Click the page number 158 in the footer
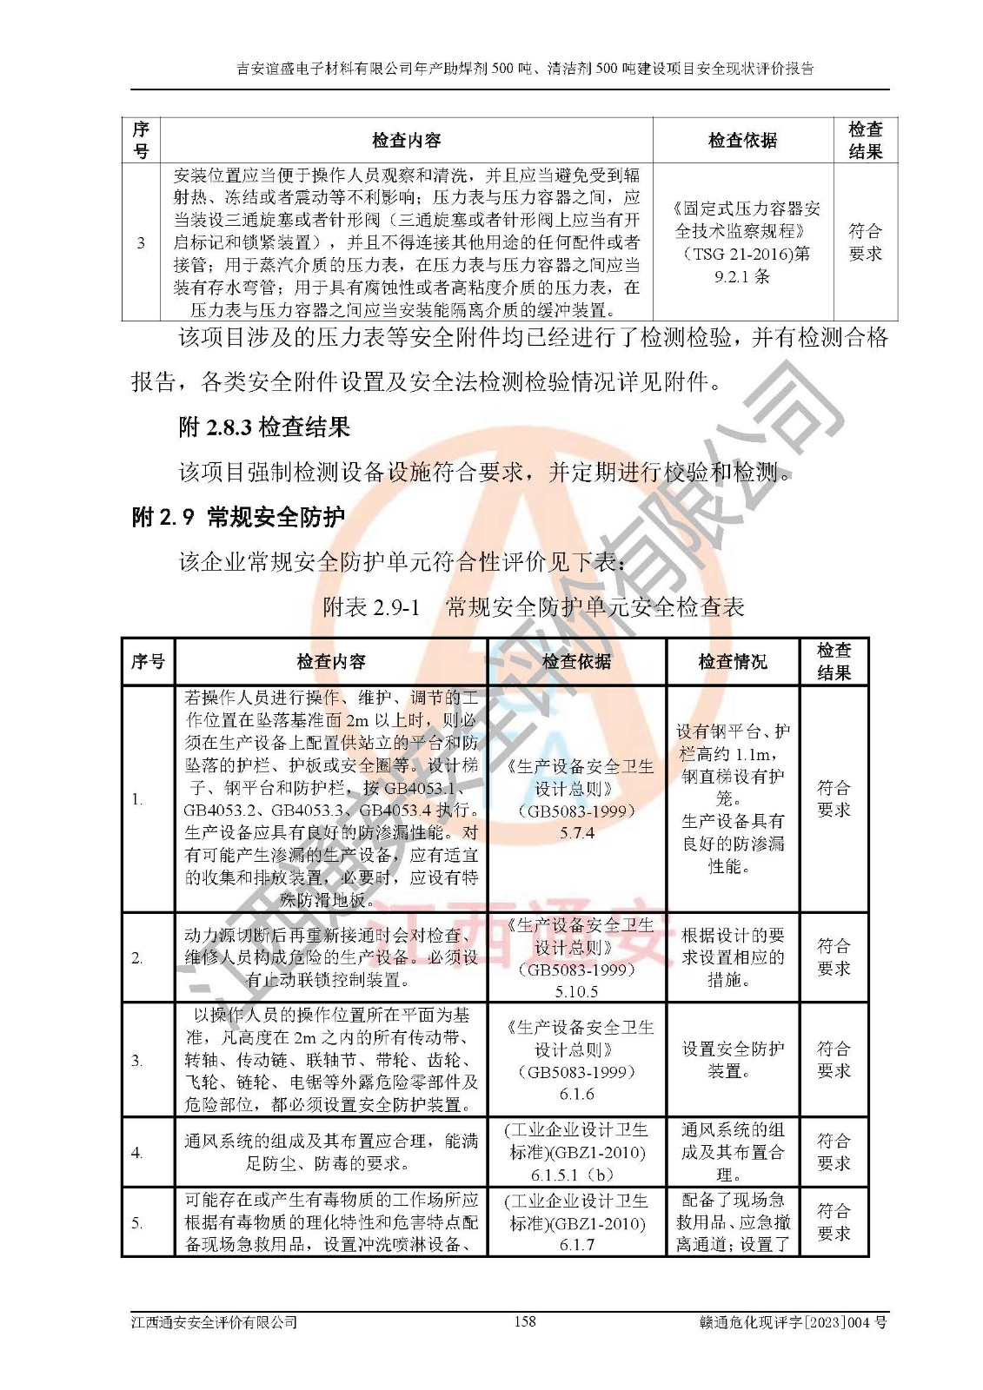[525, 1321]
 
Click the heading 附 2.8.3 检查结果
[264, 427]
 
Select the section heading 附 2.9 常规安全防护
[238, 517]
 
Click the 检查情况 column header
[733, 662]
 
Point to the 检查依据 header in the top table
[742, 140]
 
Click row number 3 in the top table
[141, 242]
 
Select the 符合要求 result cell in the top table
[865, 242]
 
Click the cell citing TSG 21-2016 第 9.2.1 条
[742, 242]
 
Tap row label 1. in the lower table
[137, 799]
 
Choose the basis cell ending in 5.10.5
[576, 958]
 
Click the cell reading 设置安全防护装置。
[733, 1060]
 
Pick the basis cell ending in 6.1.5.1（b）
[576, 1152]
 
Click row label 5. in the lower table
[137, 1223]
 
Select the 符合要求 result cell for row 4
[834, 1152]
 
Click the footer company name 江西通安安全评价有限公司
[214, 1322]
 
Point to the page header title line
[525, 69]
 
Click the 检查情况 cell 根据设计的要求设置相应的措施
[733, 958]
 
